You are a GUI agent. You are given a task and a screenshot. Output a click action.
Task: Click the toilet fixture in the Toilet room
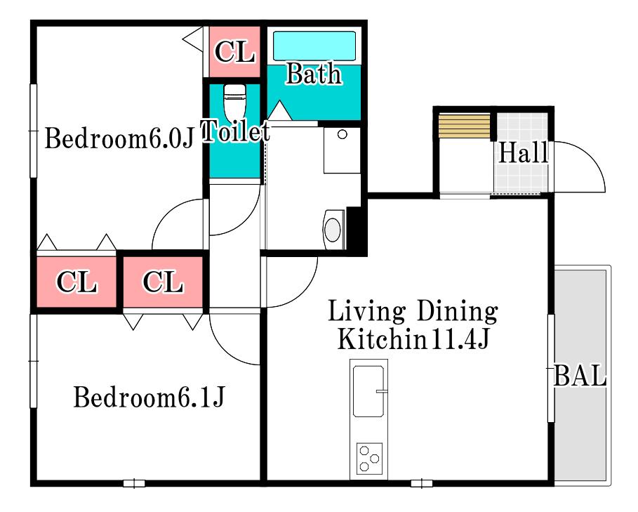coord(234,101)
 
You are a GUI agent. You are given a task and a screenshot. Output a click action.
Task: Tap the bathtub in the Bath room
coord(314,46)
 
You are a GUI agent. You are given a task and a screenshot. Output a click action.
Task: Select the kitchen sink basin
coord(368,391)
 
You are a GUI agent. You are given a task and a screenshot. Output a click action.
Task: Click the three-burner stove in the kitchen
coord(369,459)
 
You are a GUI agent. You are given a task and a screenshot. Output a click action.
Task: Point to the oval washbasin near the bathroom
coord(333,229)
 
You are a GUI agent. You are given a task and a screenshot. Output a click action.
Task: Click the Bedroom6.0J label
coord(119,138)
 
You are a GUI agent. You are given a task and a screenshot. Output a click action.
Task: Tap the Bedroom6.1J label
coord(149,397)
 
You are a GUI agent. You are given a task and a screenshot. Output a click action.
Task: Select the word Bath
coord(313,74)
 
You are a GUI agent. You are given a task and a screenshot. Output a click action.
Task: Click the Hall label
coord(524,152)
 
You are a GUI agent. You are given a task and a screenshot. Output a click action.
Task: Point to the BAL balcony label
coord(580,376)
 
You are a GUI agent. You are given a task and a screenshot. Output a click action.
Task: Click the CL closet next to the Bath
coord(234,52)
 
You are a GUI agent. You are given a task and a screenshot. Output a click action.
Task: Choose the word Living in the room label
coord(366,312)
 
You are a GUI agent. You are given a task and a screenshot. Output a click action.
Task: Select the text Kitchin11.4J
coord(413,339)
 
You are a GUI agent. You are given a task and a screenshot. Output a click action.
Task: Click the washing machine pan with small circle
coord(342,150)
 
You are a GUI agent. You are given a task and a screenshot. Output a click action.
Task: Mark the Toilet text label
coord(236,131)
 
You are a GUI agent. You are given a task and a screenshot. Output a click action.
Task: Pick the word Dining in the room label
coord(457,312)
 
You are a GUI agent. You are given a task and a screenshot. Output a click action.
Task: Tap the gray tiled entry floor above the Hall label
coord(522,126)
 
